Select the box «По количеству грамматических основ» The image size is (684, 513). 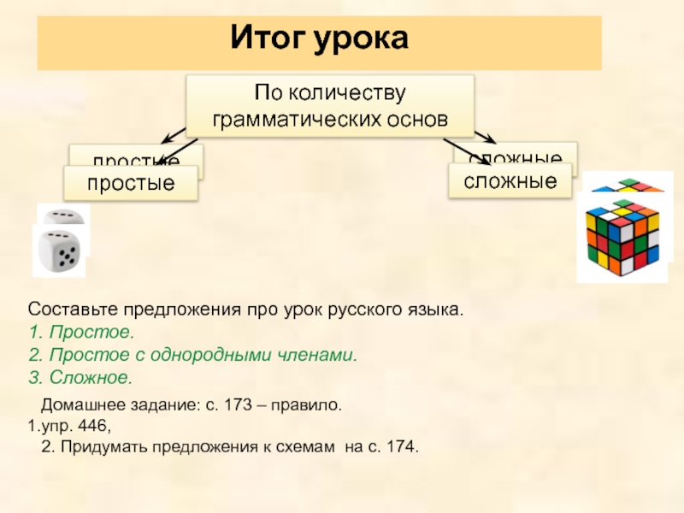(330, 105)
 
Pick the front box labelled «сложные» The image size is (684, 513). (510, 181)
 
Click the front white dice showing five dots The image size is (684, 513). (59, 251)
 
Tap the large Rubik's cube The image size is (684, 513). (622, 236)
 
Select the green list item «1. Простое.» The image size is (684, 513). (80, 331)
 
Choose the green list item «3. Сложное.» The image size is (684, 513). (80, 377)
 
